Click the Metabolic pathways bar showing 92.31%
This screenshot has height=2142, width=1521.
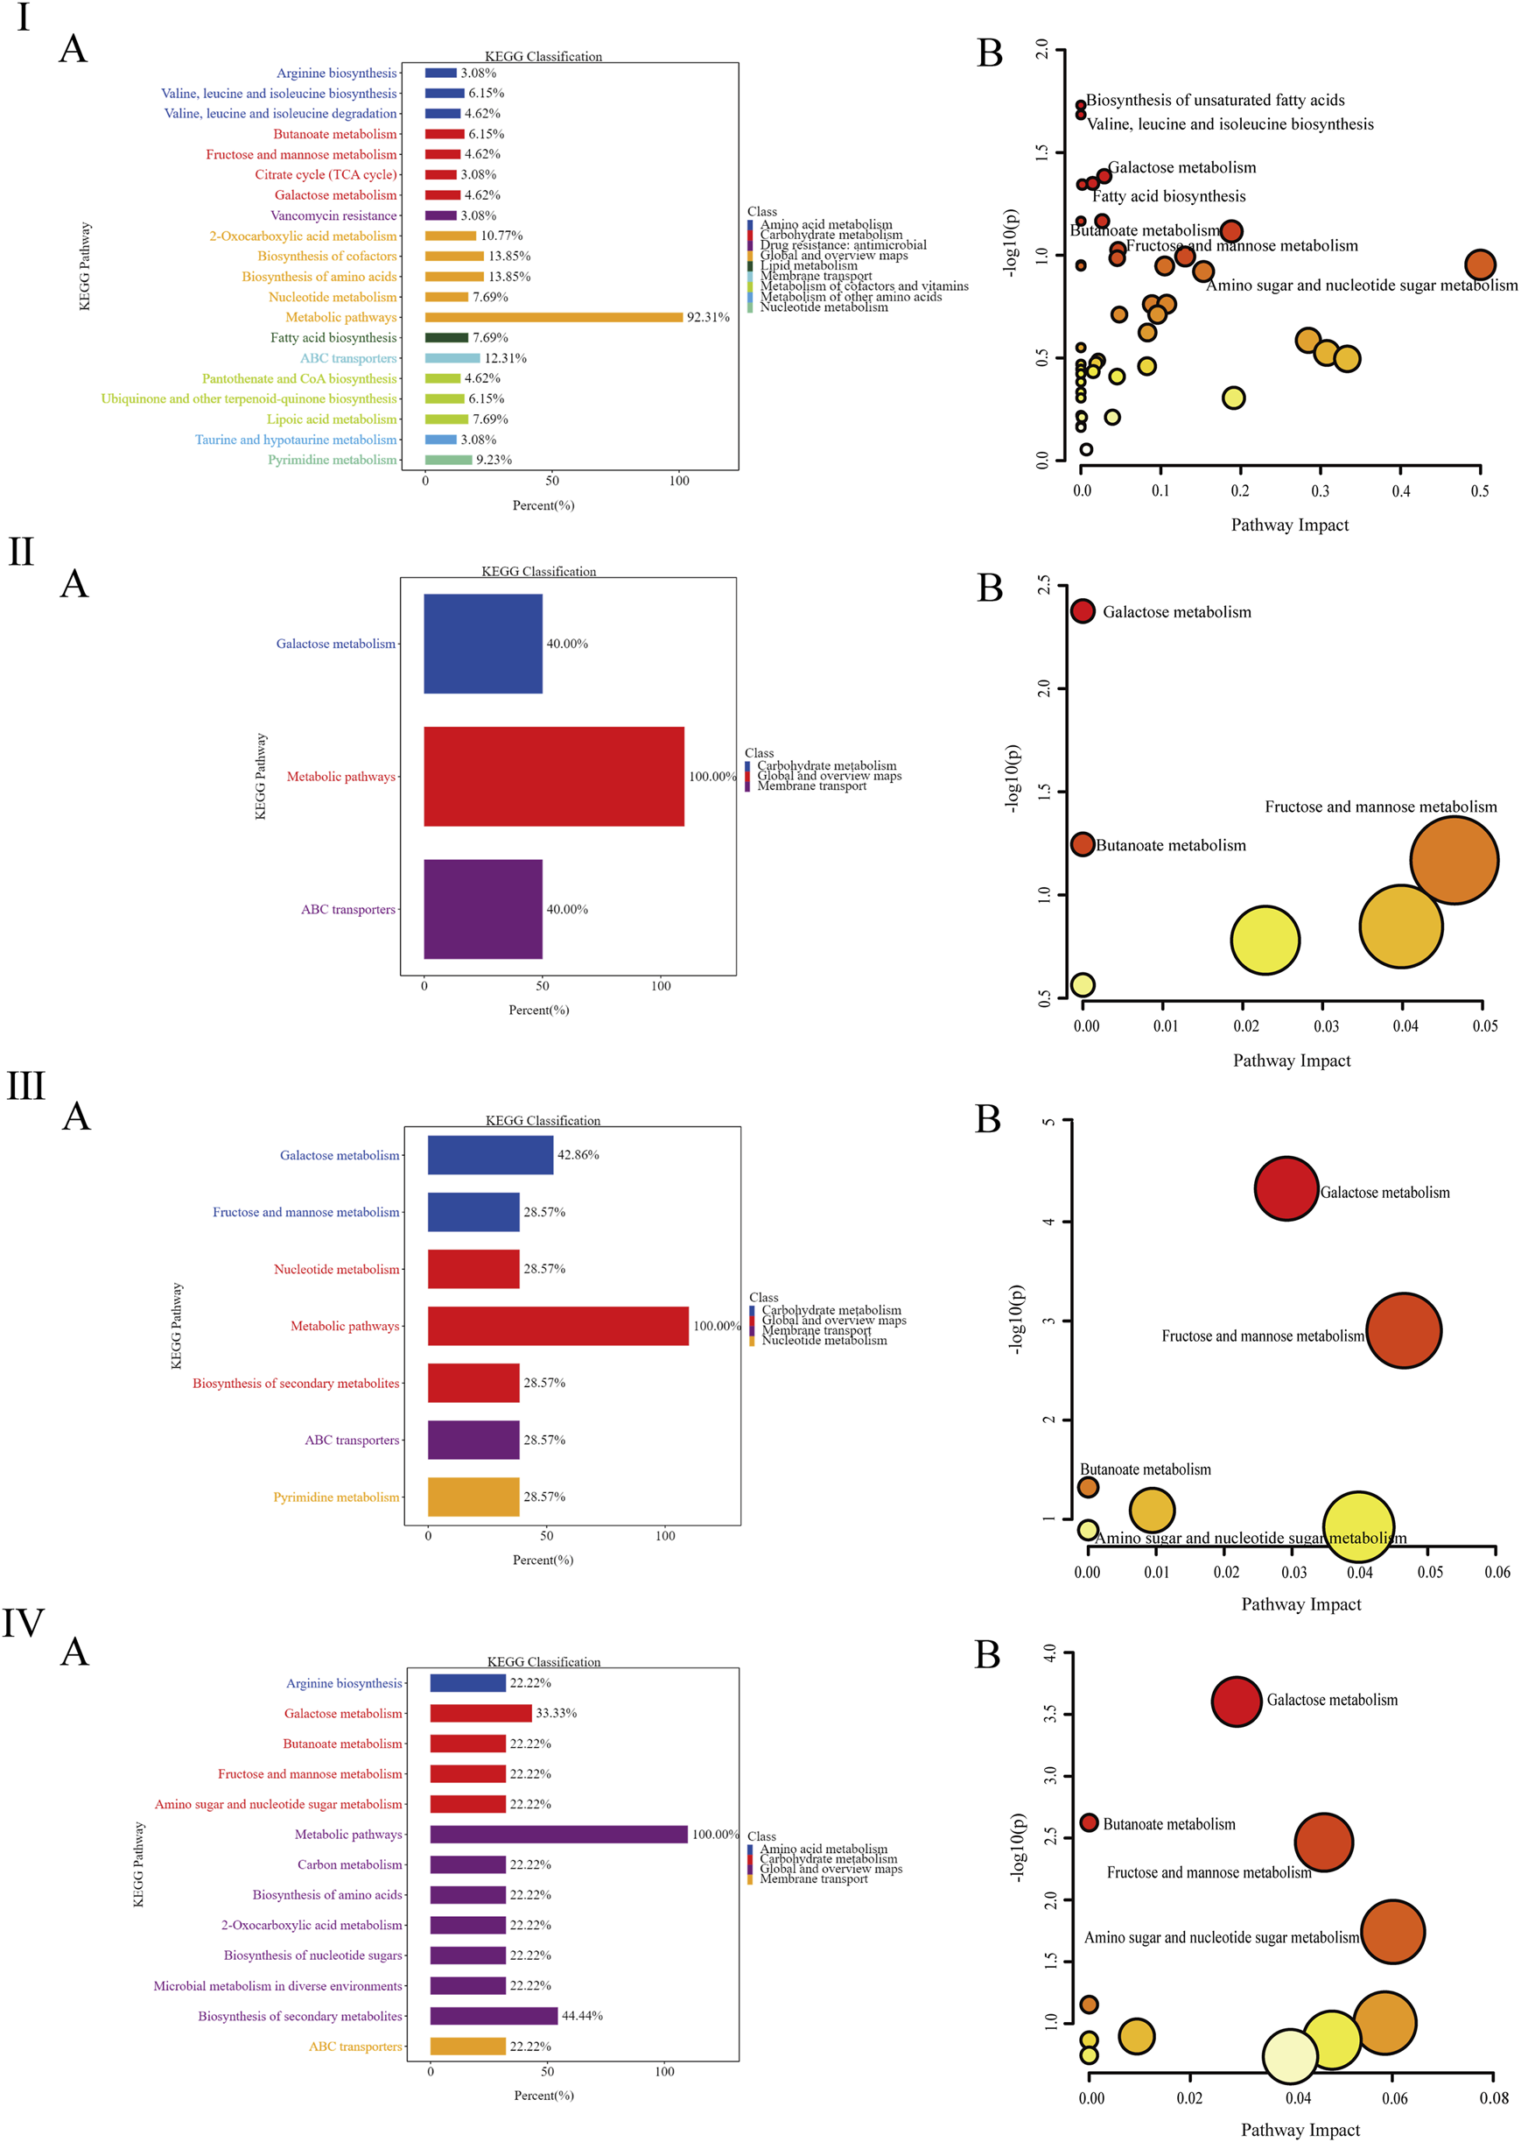(x=552, y=317)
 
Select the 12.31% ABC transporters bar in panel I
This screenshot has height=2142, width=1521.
(x=452, y=358)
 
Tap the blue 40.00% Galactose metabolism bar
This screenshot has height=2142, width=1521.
(x=482, y=644)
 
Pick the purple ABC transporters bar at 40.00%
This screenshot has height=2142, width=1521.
(x=482, y=909)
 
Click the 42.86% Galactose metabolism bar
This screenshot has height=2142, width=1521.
(x=490, y=1154)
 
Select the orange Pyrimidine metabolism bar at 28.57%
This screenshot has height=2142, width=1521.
(x=473, y=1497)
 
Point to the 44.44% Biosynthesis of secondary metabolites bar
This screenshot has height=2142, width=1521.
(x=494, y=2016)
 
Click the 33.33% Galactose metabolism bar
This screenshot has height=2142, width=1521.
(x=480, y=1713)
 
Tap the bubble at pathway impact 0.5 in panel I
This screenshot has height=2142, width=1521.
(x=1479, y=264)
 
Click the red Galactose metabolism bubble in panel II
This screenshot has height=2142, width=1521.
(x=1082, y=611)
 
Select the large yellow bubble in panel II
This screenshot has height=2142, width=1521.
(x=1265, y=939)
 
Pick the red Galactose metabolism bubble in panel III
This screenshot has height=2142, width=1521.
(x=1286, y=1188)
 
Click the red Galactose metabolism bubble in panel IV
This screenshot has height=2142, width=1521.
(x=1237, y=1702)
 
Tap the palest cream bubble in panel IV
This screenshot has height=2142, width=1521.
(x=1290, y=2057)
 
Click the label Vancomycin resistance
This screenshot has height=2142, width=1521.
(x=333, y=215)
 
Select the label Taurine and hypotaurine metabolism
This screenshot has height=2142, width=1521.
(x=295, y=440)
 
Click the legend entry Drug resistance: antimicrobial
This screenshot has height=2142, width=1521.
(x=843, y=244)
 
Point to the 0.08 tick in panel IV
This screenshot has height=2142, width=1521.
(x=1493, y=2098)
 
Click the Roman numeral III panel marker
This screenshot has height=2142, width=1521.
(x=26, y=1085)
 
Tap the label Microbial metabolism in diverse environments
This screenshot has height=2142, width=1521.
(x=277, y=1985)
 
